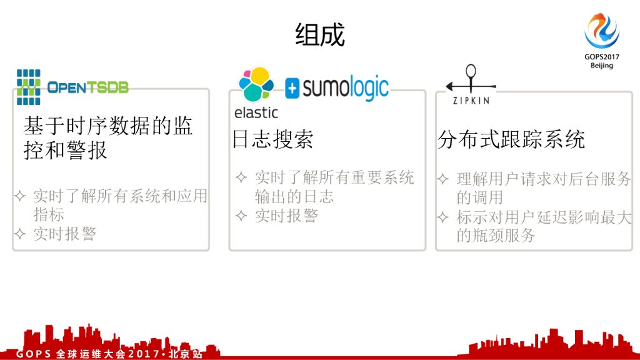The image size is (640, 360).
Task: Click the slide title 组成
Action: [319, 36]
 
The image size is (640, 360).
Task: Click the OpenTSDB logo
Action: [72, 87]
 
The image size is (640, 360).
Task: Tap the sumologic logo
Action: [337, 88]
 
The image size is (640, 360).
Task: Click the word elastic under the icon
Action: [256, 113]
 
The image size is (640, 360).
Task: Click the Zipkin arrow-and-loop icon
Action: [471, 80]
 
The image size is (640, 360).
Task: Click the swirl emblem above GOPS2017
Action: [601, 31]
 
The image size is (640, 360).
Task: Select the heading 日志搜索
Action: [272, 139]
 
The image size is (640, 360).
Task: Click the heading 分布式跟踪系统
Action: [511, 139]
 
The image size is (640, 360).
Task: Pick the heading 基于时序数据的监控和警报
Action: [108, 138]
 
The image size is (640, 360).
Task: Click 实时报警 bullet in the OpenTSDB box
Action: [65, 234]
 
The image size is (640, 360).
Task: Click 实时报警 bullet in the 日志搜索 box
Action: [286, 216]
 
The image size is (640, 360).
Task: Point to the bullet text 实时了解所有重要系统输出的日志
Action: [334, 187]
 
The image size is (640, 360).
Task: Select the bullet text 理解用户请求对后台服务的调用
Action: [542, 188]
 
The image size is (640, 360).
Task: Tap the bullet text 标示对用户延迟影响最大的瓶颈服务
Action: [542, 226]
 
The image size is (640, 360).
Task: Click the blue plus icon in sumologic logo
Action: [292, 89]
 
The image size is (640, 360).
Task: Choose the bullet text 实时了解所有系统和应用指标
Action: [119, 205]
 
